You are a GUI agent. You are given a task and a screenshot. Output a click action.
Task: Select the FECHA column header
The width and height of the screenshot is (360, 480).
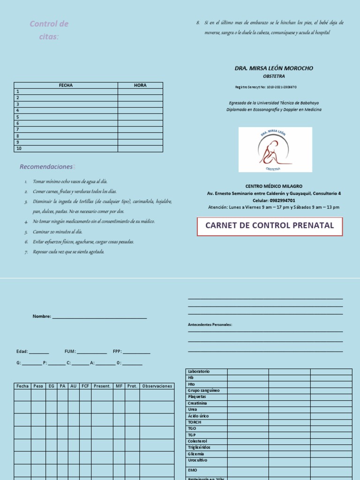coord(66,85)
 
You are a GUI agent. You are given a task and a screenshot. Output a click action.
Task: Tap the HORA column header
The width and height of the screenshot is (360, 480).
coord(140,85)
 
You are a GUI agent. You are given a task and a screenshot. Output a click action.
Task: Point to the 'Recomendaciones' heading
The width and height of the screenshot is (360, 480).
coord(46,167)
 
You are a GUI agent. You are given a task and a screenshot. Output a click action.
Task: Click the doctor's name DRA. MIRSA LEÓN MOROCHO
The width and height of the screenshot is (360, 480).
coord(274,68)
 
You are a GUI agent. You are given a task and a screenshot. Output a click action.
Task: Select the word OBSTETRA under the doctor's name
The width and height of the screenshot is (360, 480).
coord(274,76)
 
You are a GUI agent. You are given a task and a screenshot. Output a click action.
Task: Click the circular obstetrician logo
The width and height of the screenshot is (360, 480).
coord(275,150)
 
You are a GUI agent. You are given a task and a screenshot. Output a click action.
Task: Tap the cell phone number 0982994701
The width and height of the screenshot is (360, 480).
coord(290,200)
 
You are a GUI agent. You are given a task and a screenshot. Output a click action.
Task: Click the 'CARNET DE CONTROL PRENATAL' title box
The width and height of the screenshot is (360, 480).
coord(270,225)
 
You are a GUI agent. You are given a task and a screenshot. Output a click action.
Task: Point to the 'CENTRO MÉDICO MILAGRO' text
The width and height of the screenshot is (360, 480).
coord(274,186)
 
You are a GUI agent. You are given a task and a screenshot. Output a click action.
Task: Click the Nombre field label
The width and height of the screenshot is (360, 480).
coord(41,316)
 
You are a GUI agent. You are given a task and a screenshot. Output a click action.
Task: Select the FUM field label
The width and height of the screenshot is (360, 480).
coord(70,352)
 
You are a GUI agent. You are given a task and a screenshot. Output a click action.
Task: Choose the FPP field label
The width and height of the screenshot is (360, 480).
coord(117,352)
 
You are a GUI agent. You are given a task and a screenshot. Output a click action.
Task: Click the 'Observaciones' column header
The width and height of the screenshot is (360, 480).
coord(157,386)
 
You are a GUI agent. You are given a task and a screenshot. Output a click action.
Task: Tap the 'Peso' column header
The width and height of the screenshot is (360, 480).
coord(38,386)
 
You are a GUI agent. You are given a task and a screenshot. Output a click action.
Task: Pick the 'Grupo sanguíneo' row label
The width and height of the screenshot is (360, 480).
coord(203,390)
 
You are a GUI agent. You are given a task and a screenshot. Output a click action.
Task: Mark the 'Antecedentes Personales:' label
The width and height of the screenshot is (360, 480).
coord(210,324)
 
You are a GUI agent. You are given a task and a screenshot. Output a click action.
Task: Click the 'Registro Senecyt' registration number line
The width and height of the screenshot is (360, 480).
coord(265,87)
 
